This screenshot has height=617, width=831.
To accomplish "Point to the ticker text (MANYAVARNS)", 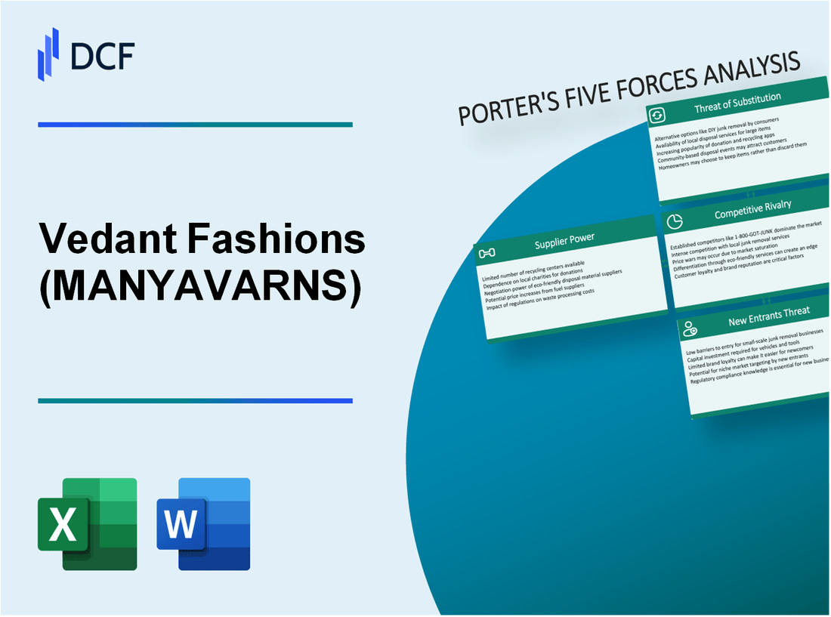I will click(199, 288).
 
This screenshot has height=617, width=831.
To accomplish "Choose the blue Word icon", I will click(203, 523).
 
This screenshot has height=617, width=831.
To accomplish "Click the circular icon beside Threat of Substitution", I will click(658, 114).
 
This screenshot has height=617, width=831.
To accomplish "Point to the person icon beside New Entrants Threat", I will click(690, 328).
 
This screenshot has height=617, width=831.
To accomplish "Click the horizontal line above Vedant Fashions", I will click(195, 125).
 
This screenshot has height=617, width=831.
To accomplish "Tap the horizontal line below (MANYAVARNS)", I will click(195, 401).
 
